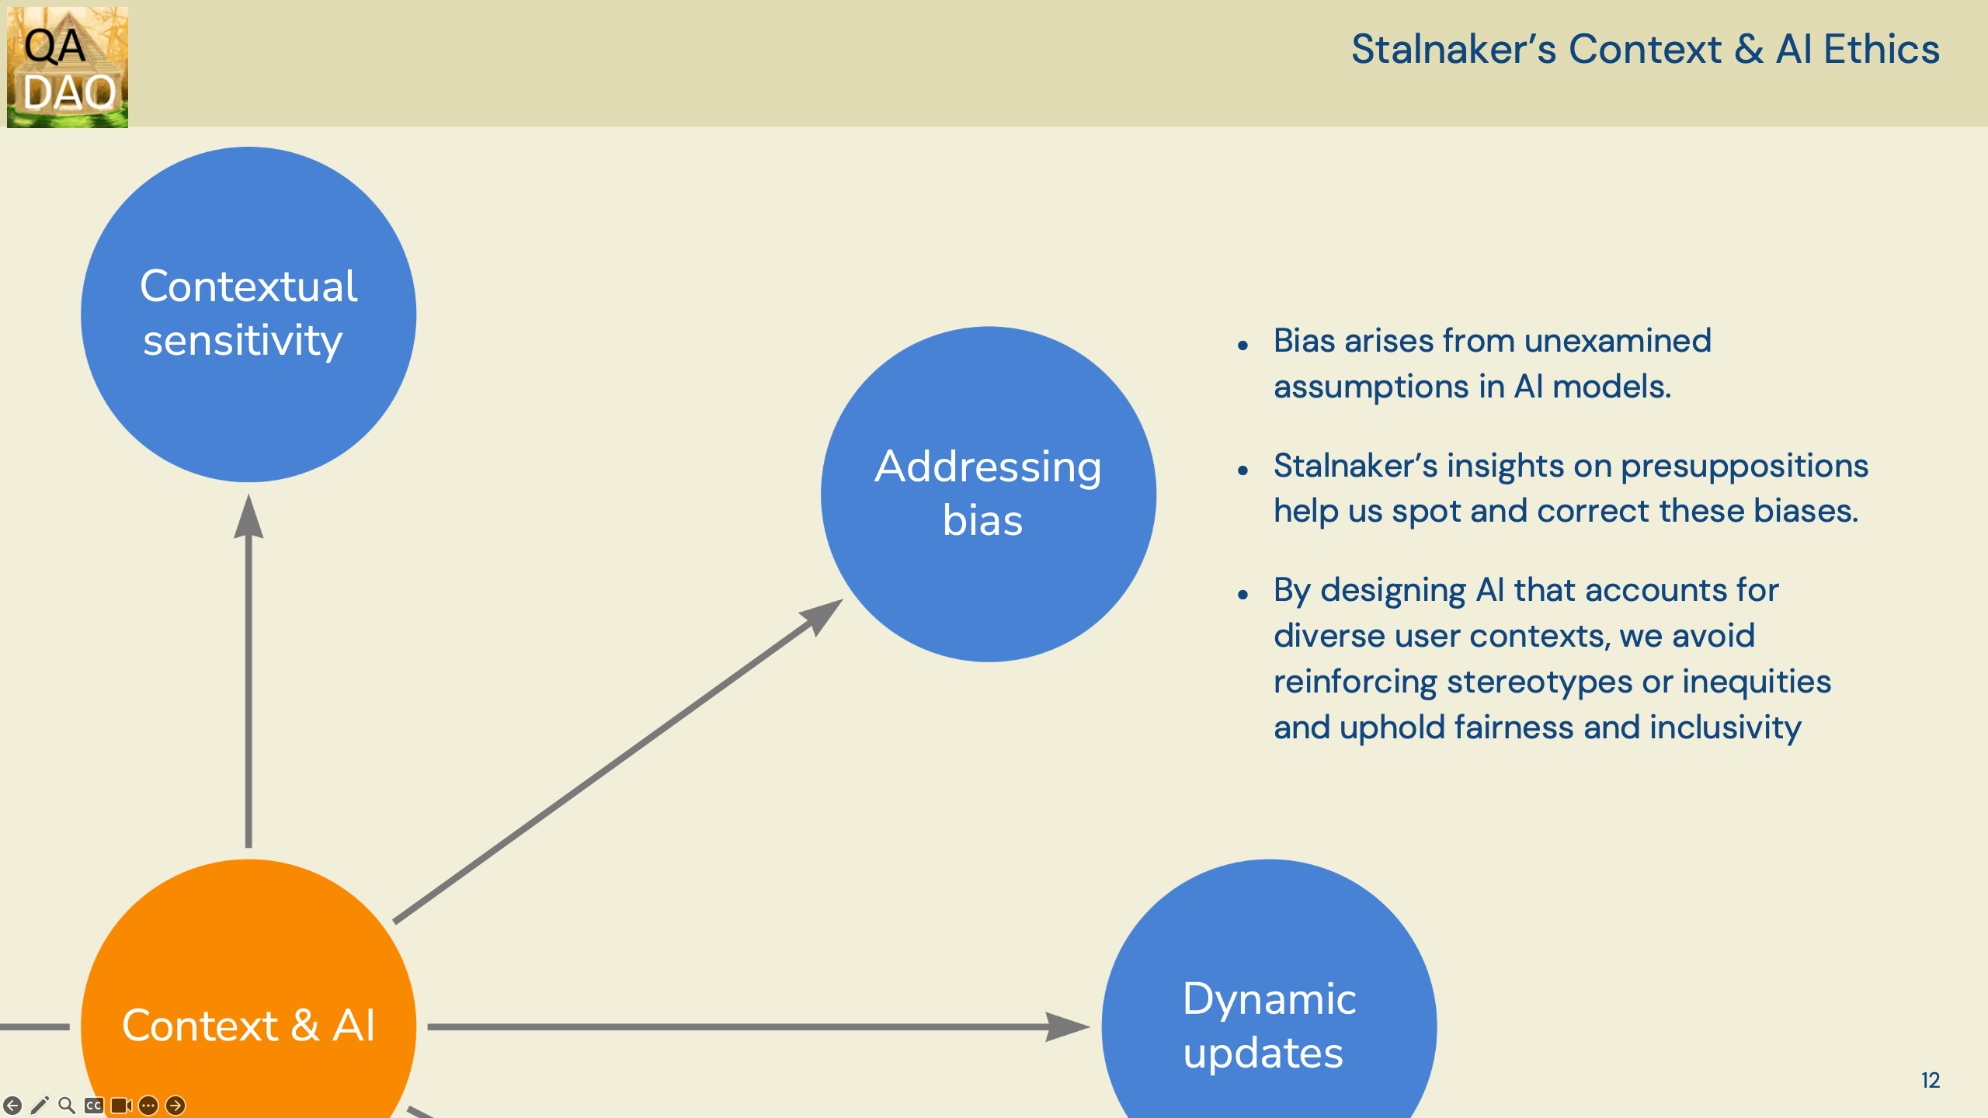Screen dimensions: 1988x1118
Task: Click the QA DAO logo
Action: point(68,67)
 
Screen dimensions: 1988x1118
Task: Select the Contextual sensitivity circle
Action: point(248,314)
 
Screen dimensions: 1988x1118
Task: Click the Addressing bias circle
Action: point(989,495)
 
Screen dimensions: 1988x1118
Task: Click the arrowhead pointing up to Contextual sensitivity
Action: point(248,516)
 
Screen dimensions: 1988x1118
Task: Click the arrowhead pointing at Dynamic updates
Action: point(1067,1026)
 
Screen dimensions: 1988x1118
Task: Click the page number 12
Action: point(1931,1081)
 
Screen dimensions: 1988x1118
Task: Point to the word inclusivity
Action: point(1726,728)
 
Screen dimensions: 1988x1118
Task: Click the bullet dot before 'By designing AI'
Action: point(1243,595)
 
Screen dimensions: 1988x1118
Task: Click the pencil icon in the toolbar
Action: point(40,1105)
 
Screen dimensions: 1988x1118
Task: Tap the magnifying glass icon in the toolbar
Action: point(67,1105)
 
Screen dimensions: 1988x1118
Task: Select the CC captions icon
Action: point(94,1105)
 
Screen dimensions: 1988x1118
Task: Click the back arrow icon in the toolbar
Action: point(12,1105)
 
